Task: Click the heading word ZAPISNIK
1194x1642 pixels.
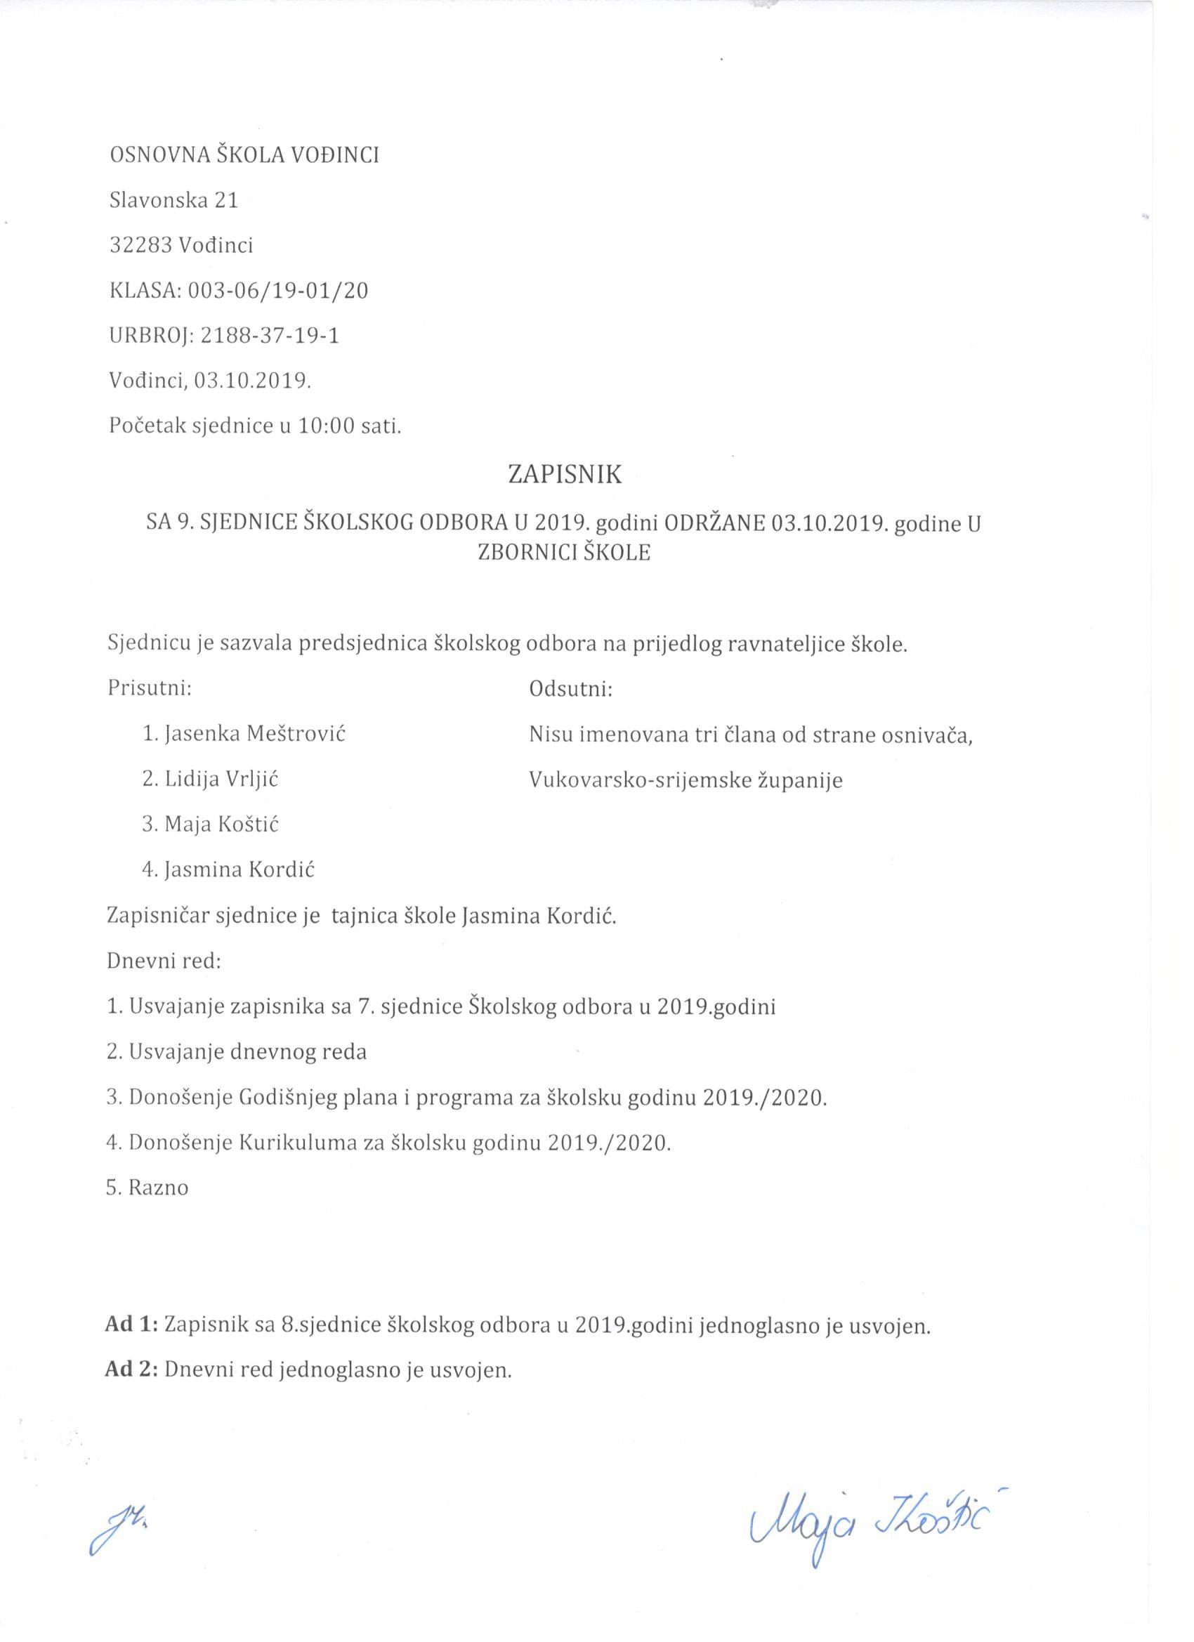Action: coord(564,474)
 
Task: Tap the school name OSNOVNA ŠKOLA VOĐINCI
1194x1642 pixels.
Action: coord(244,156)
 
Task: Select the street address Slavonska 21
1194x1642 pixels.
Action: coord(173,201)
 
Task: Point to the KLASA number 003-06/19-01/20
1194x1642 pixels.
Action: coord(278,291)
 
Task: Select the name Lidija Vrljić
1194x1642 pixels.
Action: coord(221,779)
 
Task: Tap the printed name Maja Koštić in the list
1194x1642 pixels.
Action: coord(221,825)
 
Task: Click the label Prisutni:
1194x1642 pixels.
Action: coord(150,688)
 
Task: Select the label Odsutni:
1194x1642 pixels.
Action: coord(570,688)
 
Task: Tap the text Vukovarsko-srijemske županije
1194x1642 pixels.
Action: coord(685,780)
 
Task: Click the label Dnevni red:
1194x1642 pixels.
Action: coord(164,961)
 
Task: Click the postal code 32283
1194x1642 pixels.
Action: coord(140,245)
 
